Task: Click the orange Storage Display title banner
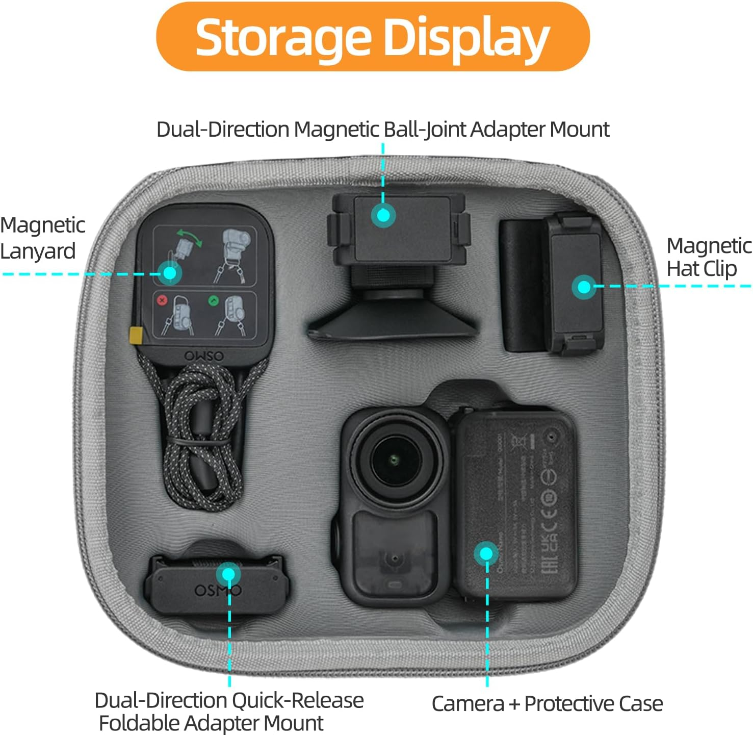point(372,37)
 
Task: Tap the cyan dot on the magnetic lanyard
point(170,273)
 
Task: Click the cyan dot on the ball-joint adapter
point(383,215)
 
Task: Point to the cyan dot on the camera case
point(486,553)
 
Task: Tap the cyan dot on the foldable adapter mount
point(228,575)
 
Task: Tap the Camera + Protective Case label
point(547,704)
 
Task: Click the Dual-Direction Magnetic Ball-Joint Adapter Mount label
point(382,130)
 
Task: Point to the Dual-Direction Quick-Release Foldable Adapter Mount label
point(228,712)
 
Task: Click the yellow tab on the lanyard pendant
point(136,336)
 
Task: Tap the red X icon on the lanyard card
point(162,300)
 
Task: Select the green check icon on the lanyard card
point(214,301)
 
